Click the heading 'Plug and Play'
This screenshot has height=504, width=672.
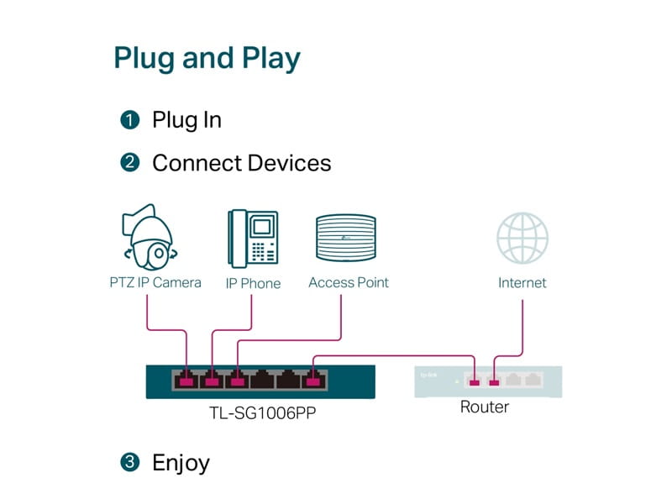point(207,59)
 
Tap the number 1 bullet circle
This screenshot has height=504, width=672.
point(129,120)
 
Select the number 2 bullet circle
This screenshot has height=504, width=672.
point(129,163)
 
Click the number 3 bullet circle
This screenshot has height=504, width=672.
point(129,462)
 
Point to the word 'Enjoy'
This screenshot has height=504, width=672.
point(181,462)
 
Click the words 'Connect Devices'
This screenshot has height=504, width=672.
point(241,163)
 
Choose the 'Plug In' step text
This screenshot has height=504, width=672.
point(186,120)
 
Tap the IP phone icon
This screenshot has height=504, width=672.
point(252,238)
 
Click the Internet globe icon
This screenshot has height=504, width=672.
point(522,239)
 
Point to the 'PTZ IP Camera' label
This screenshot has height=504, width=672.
point(156,282)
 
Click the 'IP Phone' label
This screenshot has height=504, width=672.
point(253,283)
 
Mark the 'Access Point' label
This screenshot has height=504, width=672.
point(349,282)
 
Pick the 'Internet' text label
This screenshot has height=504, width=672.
point(522,283)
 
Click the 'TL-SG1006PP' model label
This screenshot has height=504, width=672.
point(260,413)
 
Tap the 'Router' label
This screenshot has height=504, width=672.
point(484,407)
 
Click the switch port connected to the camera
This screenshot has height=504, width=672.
point(186,381)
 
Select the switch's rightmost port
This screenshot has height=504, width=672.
point(314,381)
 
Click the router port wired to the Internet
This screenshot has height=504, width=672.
point(494,381)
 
